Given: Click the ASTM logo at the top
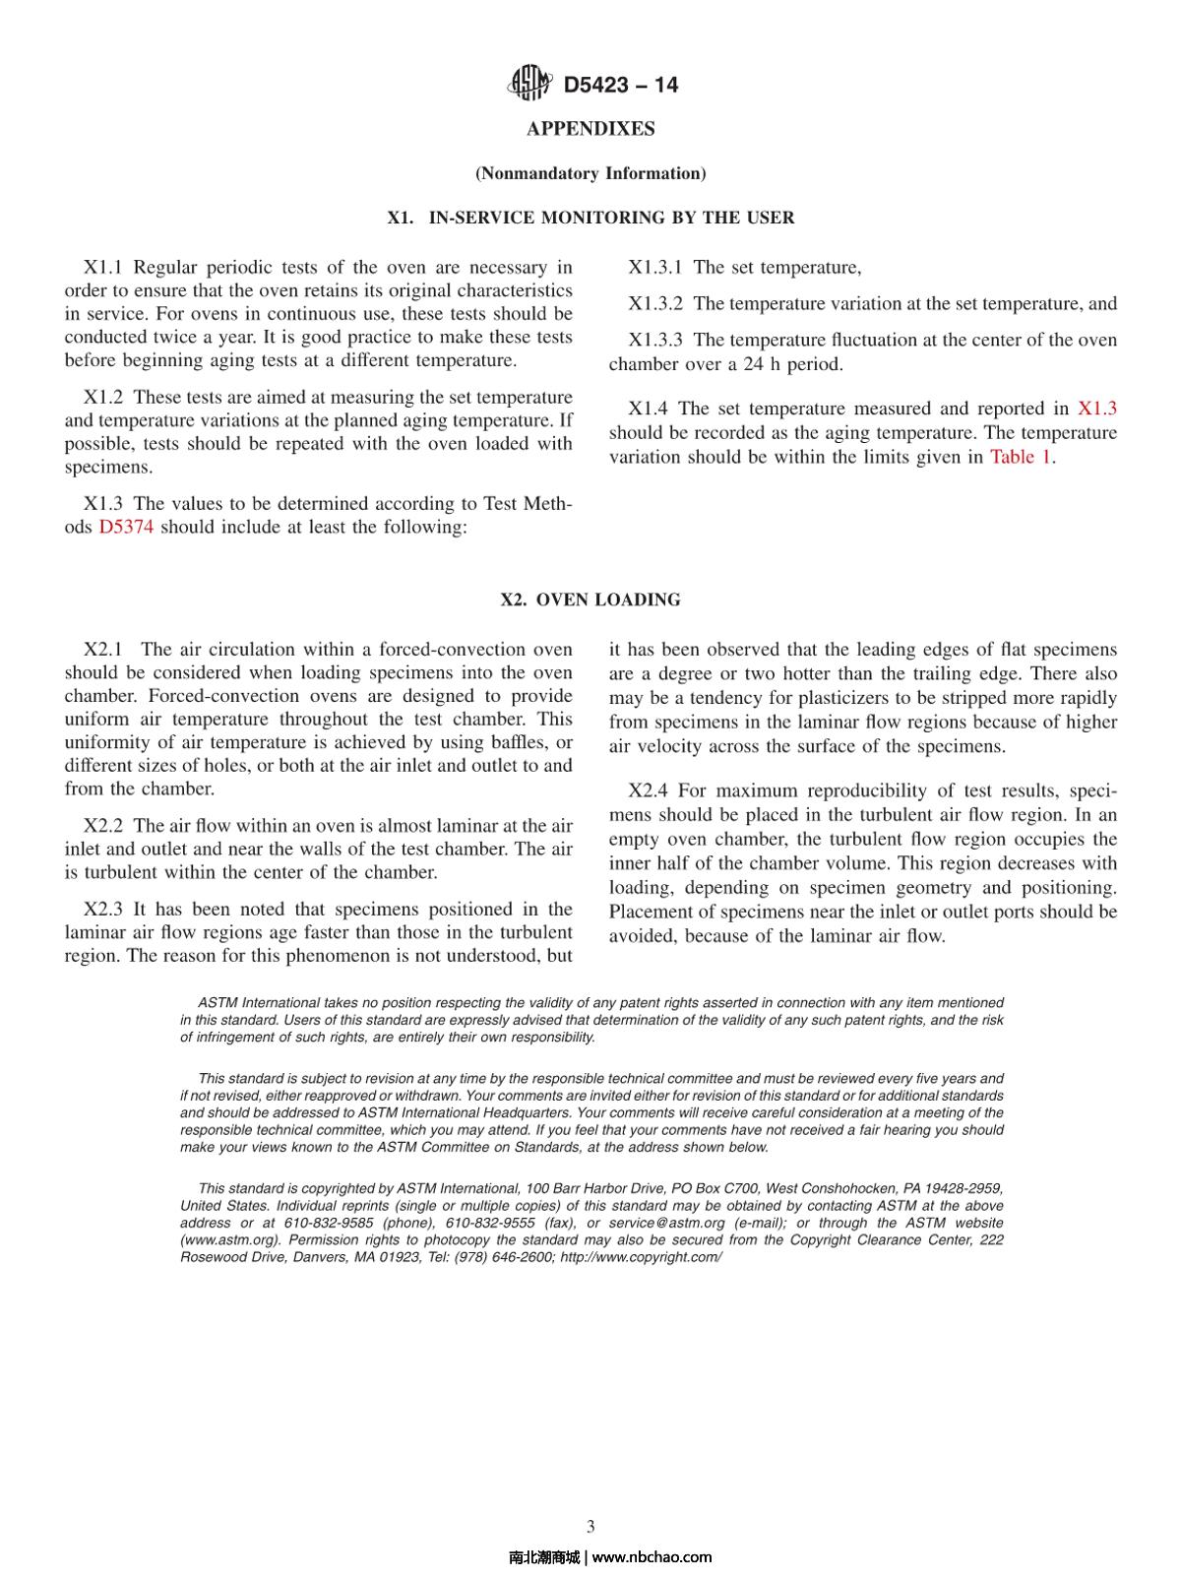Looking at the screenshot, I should tap(529, 84).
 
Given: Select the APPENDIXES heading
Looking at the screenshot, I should tap(590, 129).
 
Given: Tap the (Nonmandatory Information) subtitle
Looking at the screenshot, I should tap(590, 173).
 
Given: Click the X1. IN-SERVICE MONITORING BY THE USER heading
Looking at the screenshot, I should tap(590, 218).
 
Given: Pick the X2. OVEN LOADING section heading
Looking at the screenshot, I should tap(590, 600).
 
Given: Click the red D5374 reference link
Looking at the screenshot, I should tap(126, 527).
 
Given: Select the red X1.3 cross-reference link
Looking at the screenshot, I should tap(1097, 409).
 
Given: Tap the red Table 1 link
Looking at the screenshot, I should tap(1021, 457).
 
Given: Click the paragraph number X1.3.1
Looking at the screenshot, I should tap(655, 268).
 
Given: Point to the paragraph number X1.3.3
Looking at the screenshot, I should tap(655, 341).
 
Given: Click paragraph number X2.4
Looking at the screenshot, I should tap(650, 791).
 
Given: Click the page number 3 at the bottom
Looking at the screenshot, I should tap(590, 1527).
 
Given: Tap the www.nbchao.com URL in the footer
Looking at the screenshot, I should tap(652, 1557).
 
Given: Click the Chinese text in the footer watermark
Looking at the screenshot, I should tap(543, 1557).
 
